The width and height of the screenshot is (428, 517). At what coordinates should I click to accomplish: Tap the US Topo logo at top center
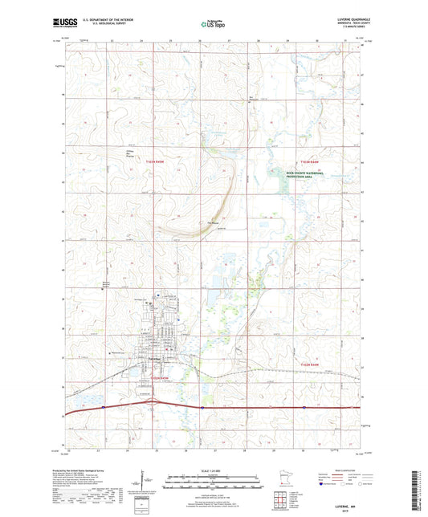pos(213,24)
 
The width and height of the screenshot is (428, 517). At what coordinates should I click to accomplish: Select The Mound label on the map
pos(214,223)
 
